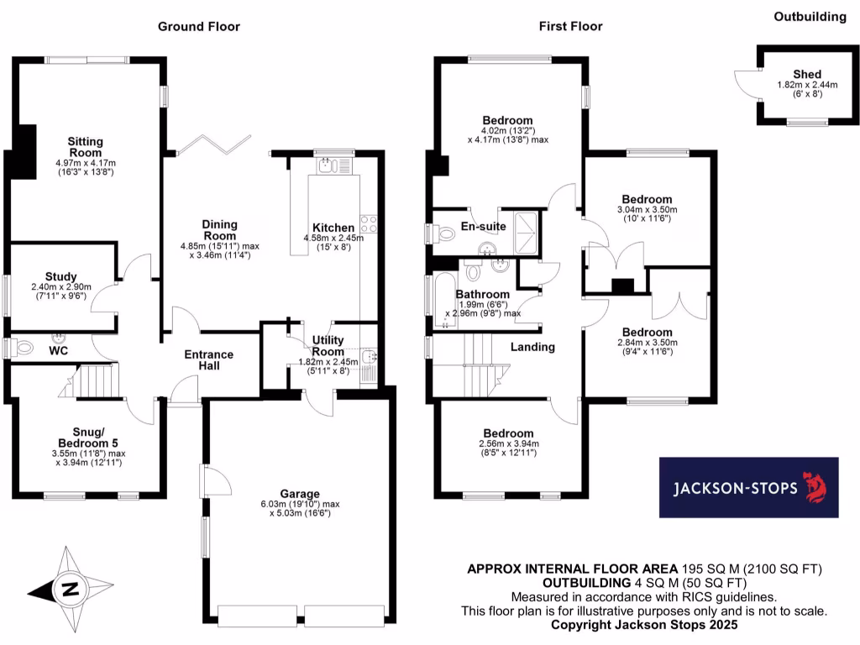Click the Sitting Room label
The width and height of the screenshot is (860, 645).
click(85, 147)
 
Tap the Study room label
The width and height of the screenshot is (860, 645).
click(61, 276)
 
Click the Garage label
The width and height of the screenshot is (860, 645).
click(300, 494)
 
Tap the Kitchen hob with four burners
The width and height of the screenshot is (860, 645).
click(368, 223)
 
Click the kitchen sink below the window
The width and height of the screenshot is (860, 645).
click(325, 166)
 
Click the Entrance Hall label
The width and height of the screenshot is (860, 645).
click(209, 360)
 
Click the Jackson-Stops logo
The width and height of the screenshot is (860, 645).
click(748, 488)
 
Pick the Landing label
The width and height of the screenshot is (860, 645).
click(532, 347)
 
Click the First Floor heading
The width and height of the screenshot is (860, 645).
click(570, 26)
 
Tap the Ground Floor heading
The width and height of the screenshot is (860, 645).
click(199, 26)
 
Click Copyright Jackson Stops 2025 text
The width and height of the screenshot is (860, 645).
click(644, 625)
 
